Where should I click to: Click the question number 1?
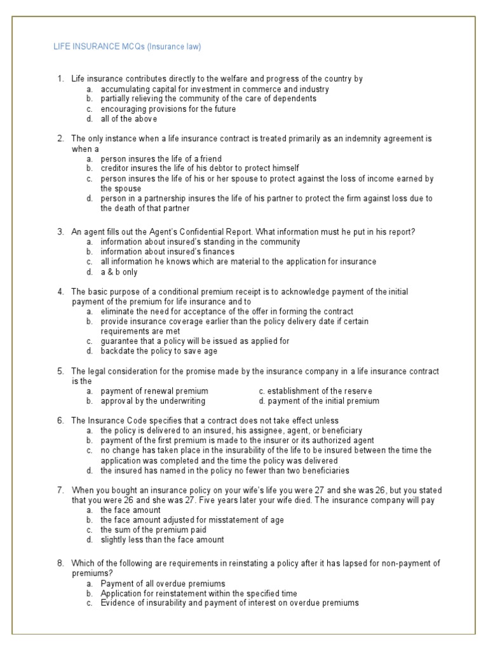point(60,79)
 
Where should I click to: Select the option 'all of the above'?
point(129,118)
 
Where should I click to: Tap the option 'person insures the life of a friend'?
point(162,158)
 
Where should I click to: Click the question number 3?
point(60,232)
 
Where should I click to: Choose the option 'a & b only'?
point(119,271)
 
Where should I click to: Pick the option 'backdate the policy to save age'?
point(159,350)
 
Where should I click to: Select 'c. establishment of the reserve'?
point(316,391)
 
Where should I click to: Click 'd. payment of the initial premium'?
point(319,401)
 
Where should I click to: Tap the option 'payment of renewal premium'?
point(154,391)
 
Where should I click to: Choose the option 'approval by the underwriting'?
point(152,401)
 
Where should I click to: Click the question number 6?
point(60,421)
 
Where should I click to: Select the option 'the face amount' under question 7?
point(130,510)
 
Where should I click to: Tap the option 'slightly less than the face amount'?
point(162,540)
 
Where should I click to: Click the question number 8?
point(60,563)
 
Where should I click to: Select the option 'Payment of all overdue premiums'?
point(163,583)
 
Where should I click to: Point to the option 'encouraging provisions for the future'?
point(168,109)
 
